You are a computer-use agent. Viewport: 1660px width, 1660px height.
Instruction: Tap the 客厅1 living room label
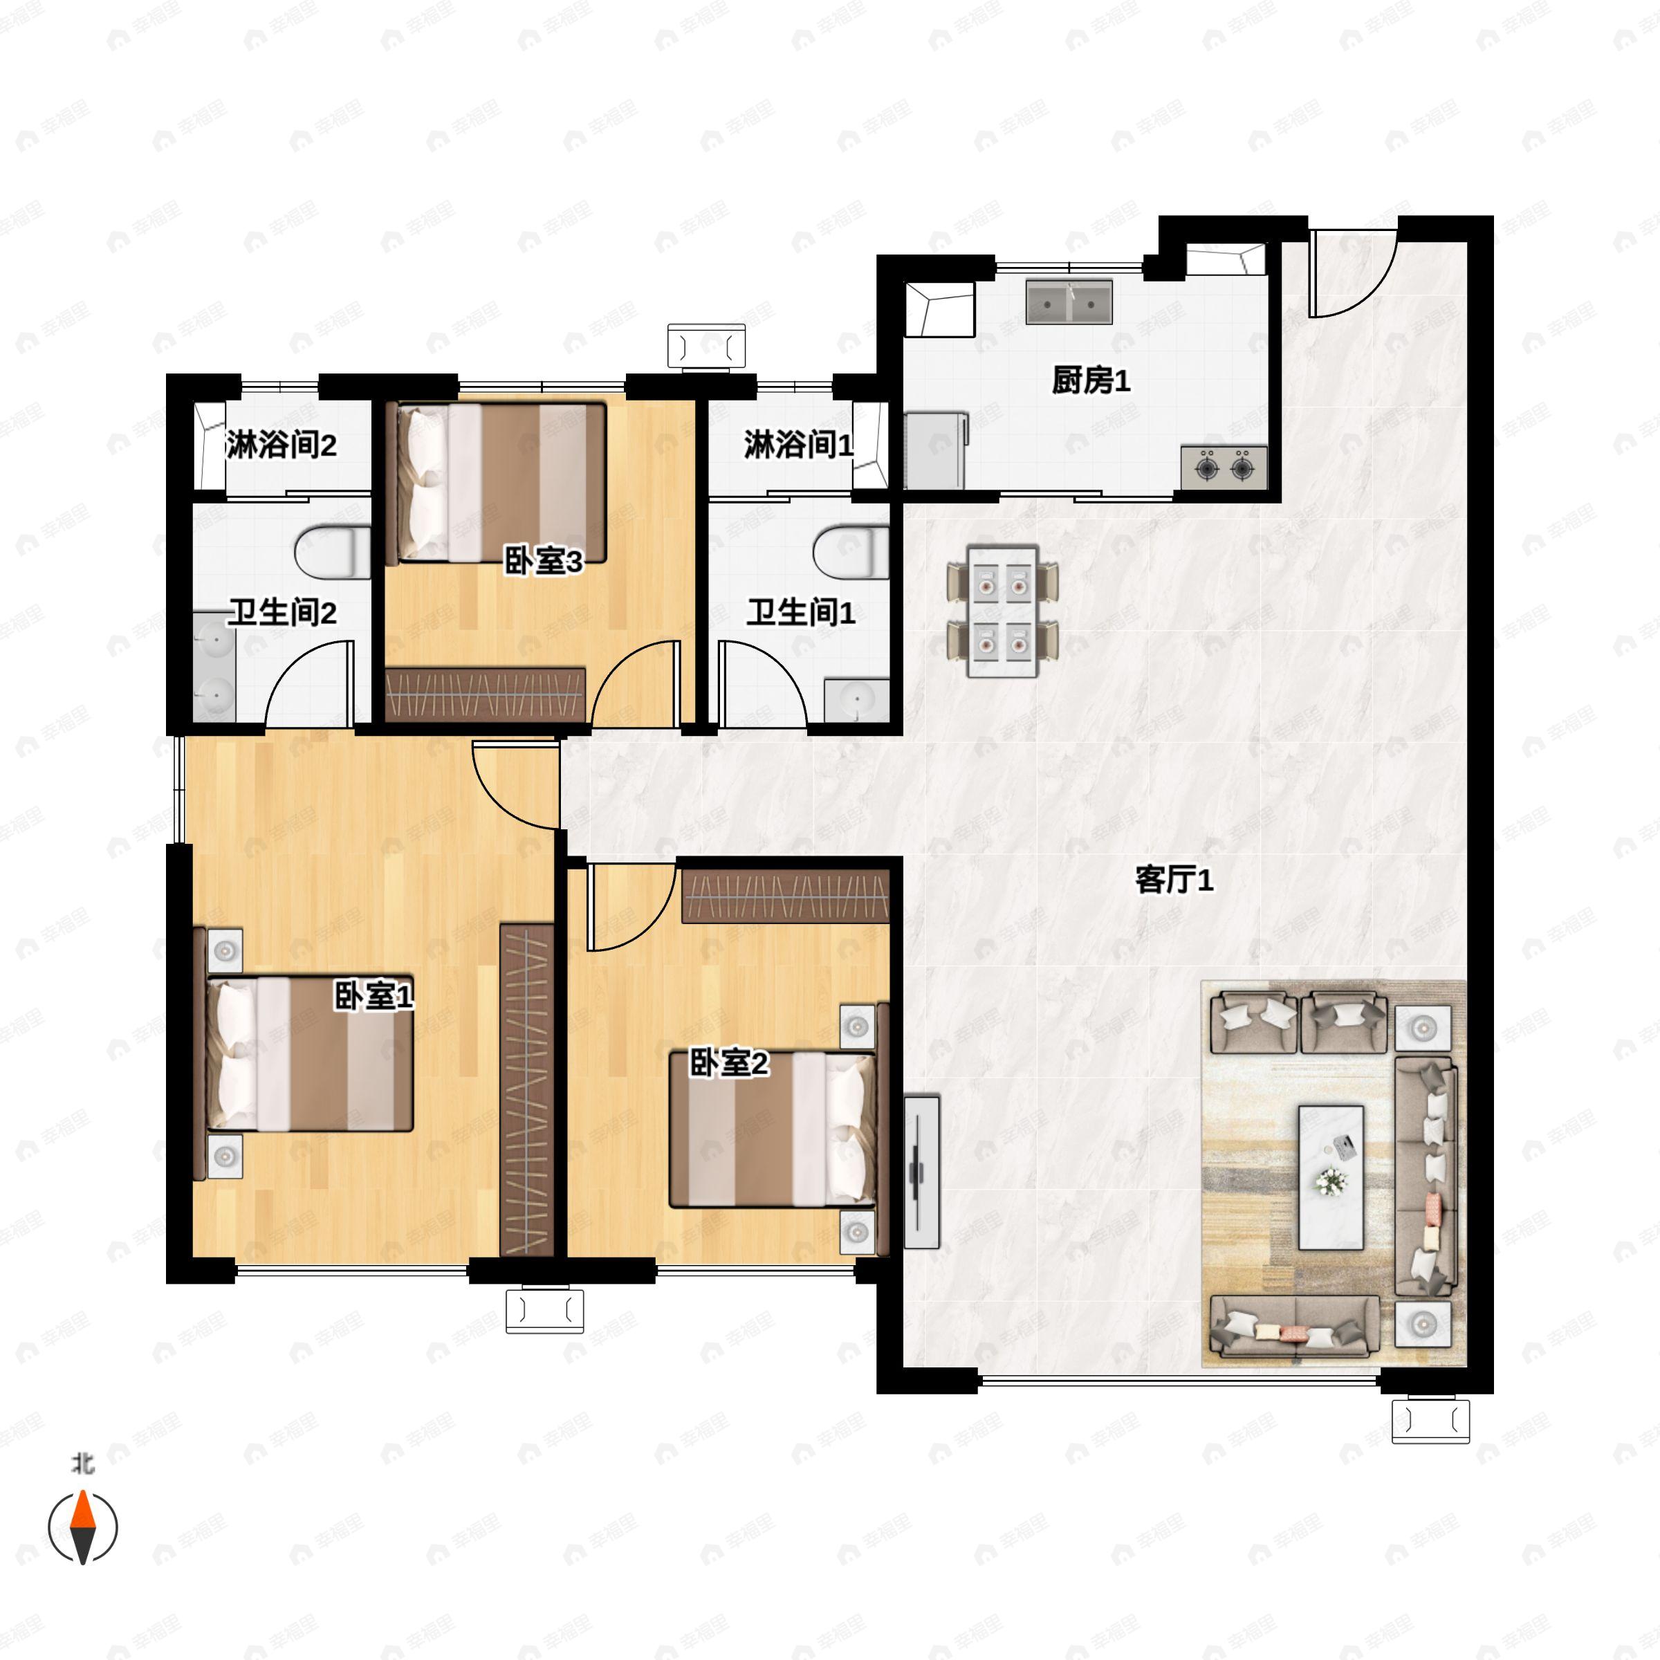[x=1174, y=880]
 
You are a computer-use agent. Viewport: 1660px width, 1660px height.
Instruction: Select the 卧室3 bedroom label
[x=543, y=561]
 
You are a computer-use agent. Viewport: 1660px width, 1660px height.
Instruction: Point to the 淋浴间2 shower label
[x=281, y=445]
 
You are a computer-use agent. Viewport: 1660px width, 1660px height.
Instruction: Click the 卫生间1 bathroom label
[x=800, y=613]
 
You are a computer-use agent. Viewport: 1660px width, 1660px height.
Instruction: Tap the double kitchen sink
[x=1069, y=302]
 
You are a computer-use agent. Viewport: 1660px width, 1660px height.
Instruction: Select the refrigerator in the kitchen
[x=936, y=451]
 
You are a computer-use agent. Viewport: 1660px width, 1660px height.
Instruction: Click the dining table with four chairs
[x=1003, y=610]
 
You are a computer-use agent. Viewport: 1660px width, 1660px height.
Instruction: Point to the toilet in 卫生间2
[x=333, y=552]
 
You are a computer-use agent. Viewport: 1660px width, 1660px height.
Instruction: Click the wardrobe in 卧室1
[x=526, y=1089]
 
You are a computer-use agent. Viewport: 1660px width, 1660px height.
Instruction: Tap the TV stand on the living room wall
[x=921, y=1171]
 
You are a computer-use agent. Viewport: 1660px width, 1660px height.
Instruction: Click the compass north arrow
[x=82, y=1527]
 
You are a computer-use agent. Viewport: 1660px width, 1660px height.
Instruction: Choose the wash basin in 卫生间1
[x=857, y=700]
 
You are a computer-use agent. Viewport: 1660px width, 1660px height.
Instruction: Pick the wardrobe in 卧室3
[x=486, y=694]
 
